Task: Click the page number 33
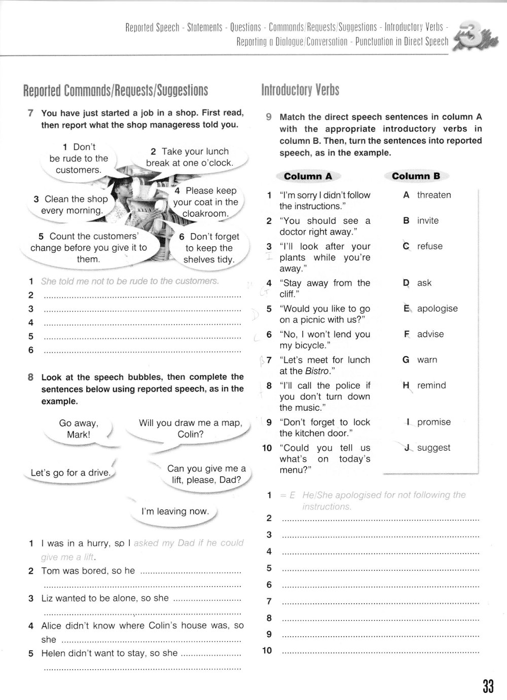coord(488,686)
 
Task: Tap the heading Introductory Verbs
coord(300,90)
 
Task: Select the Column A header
coord(308,176)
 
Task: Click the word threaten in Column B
coord(433,195)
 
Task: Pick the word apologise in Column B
coord(437,308)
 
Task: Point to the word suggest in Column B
coord(433,448)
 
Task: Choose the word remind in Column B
coord(431,385)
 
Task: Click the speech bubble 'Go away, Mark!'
coord(79,429)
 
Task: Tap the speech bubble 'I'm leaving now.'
coord(175,512)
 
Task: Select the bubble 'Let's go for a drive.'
coord(70,473)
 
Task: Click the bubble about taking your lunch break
coord(189,157)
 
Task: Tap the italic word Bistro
coord(317,371)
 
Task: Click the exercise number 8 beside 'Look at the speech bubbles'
coord(31,377)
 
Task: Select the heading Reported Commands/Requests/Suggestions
coord(116,90)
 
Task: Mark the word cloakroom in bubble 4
coord(205,214)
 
